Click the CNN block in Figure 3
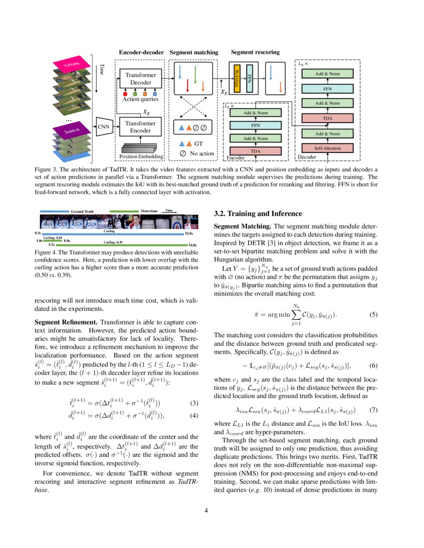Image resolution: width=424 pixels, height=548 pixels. (103, 127)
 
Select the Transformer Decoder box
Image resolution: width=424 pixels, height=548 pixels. (141, 78)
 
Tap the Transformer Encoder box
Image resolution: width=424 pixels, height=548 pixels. (141, 127)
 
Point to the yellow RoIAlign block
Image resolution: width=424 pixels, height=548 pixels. (237, 78)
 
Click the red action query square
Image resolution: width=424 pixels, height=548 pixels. (125, 93)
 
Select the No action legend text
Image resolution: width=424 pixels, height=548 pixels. (202, 153)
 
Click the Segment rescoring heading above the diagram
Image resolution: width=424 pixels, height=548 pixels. (255, 52)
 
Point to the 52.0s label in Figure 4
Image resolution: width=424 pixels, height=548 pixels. (189, 233)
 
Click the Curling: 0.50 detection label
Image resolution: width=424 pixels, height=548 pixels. (52, 238)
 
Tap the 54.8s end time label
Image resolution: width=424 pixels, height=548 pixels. (193, 245)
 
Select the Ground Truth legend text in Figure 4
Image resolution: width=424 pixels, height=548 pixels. (82, 211)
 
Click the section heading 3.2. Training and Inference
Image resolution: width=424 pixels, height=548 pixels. (258, 214)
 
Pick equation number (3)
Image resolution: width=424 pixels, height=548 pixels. (196, 375)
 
